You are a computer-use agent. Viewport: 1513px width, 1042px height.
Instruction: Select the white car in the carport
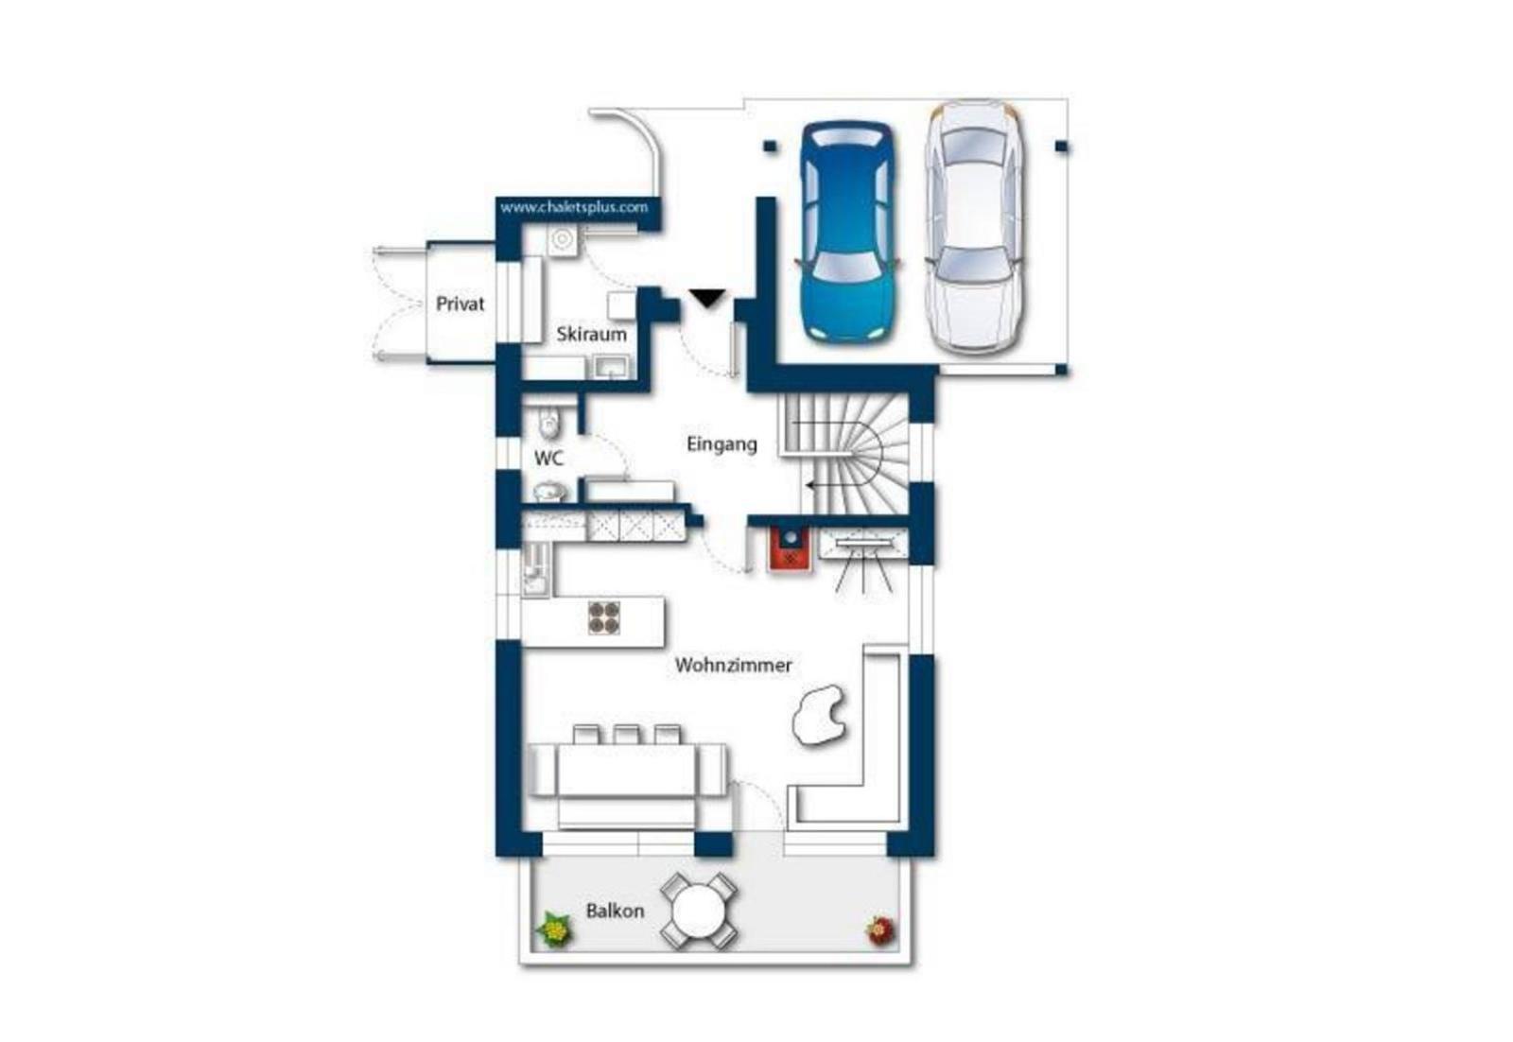click(x=973, y=228)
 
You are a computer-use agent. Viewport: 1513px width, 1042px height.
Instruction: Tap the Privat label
click(x=460, y=304)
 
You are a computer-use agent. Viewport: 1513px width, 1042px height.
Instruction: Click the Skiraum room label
click(x=592, y=335)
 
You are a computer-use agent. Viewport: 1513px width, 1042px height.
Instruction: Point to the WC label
click(x=548, y=459)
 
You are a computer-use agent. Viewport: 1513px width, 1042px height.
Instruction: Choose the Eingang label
click(x=722, y=444)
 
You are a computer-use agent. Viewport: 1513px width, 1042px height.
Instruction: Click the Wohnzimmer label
click(x=734, y=665)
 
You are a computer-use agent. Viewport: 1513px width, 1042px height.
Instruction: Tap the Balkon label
click(x=615, y=911)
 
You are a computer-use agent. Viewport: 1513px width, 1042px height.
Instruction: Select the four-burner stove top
click(x=604, y=617)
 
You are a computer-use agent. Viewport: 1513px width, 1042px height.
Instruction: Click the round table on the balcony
click(x=699, y=911)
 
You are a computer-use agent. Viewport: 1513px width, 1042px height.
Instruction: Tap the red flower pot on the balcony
click(x=881, y=930)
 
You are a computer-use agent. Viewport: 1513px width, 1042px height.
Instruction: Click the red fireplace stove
click(x=789, y=549)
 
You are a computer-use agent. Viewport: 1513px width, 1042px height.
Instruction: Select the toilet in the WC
click(x=549, y=423)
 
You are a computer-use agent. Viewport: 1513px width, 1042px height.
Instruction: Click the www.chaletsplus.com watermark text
click(x=574, y=207)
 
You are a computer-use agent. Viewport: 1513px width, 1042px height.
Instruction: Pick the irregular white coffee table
click(x=819, y=715)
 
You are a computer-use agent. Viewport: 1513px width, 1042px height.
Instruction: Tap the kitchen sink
click(x=536, y=570)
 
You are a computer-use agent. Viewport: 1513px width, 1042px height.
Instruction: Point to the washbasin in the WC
click(x=549, y=491)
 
